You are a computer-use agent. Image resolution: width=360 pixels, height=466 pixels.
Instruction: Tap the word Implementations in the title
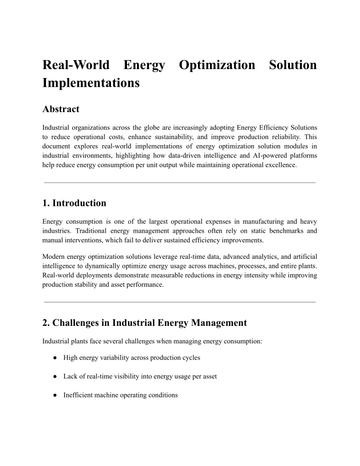(x=91, y=83)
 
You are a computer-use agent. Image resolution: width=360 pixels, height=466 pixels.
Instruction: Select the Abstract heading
(x=61, y=109)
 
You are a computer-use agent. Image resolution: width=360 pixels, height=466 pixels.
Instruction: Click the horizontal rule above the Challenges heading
(x=180, y=302)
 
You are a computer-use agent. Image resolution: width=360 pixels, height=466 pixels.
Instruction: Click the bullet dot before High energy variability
(x=54, y=358)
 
